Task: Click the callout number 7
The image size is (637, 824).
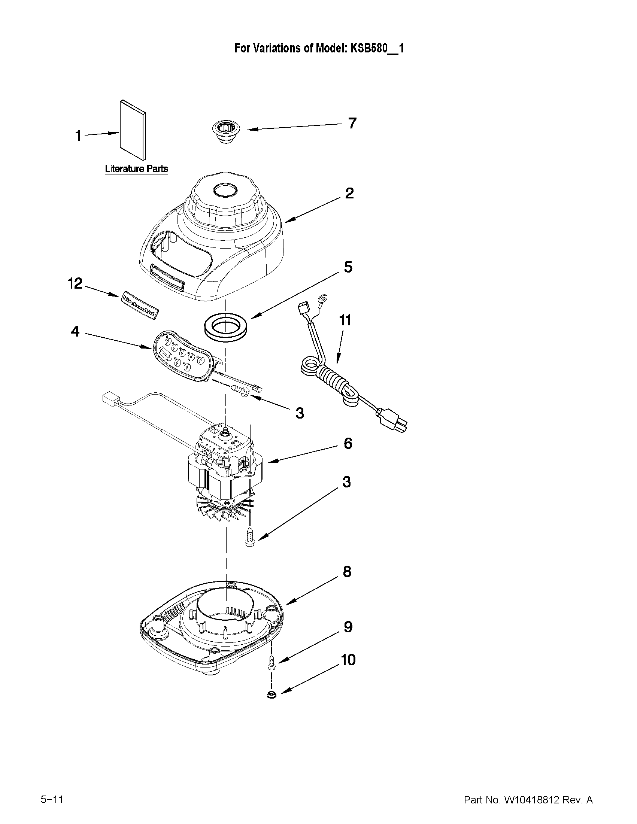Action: (352, 124)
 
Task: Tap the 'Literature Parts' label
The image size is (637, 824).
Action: (136, 168)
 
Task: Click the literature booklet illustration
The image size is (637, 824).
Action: (133, 130)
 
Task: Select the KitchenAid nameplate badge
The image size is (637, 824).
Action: (140, 305)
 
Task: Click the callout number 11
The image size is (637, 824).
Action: (345, 320)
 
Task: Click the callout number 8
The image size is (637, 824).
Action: (347, 572)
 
